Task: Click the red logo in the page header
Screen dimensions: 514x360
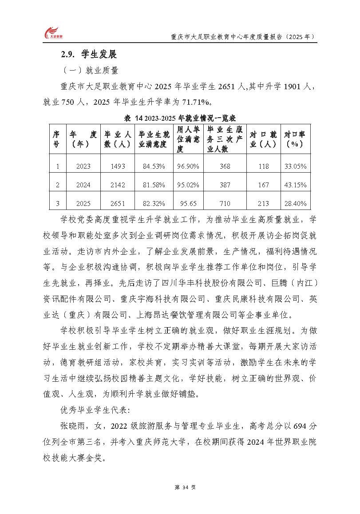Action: [x=52, y=34]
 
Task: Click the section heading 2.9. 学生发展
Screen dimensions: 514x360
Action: [x=88, y=55]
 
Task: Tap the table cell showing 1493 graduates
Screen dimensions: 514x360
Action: [x=118, y=166]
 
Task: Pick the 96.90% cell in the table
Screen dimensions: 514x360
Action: [x=188, y=166]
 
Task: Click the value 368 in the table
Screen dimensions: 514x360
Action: [x=225, y=166]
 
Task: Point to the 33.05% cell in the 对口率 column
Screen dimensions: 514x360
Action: [x=295, y=166]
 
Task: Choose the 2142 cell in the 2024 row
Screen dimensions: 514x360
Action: [x=118, y=185]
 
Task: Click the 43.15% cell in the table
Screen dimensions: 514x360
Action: [x=295, y=185]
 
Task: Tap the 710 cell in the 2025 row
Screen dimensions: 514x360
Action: [x=225, y=203]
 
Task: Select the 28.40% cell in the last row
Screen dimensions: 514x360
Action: [x=295, y=203]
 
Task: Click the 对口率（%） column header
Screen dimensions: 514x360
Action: [x=295, y=139]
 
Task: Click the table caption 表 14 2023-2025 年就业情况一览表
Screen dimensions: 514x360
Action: [x=179, y=118]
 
